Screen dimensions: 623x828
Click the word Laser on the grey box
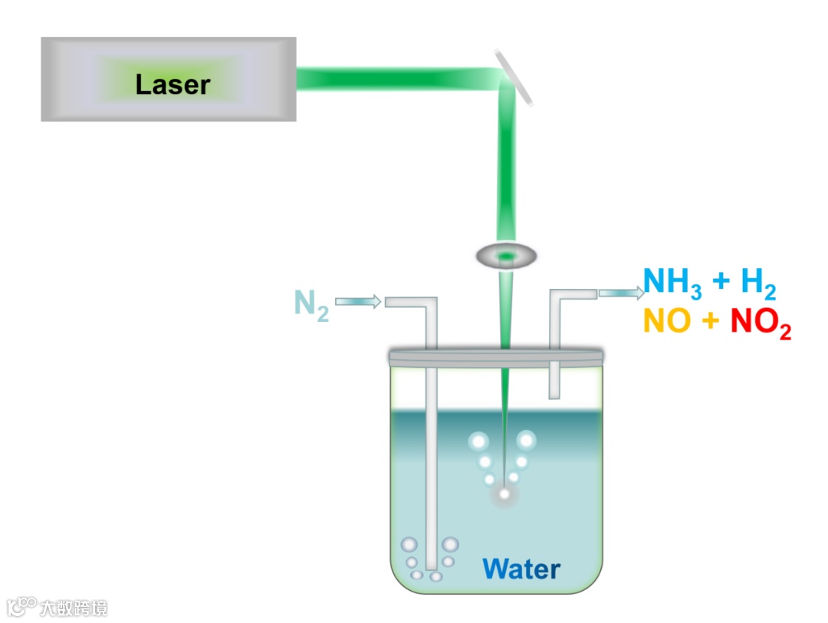tap(172, 84)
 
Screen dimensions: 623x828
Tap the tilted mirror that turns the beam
tap(513, 77)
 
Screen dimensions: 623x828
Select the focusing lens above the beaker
tap(506, 256)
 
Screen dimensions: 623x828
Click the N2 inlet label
tap(311, 304)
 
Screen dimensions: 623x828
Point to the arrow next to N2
tap(358, 302)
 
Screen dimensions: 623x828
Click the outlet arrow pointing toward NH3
tap(621, 292)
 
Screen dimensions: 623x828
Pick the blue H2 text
tap(758, 285)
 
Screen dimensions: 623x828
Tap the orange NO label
tap(667, 322)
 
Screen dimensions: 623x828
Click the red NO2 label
tap(760, 323)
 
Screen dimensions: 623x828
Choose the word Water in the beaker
tap(521, 569)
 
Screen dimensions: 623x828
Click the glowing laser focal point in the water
tap(504, 495)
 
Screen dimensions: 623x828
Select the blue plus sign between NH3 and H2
tap(721, 283)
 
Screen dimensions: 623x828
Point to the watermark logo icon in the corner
tap(21, 607)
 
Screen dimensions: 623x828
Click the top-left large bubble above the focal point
tap(478, 441)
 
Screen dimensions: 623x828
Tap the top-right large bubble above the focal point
tap(527, 440)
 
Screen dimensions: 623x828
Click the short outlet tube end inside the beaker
tap(554, 392)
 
